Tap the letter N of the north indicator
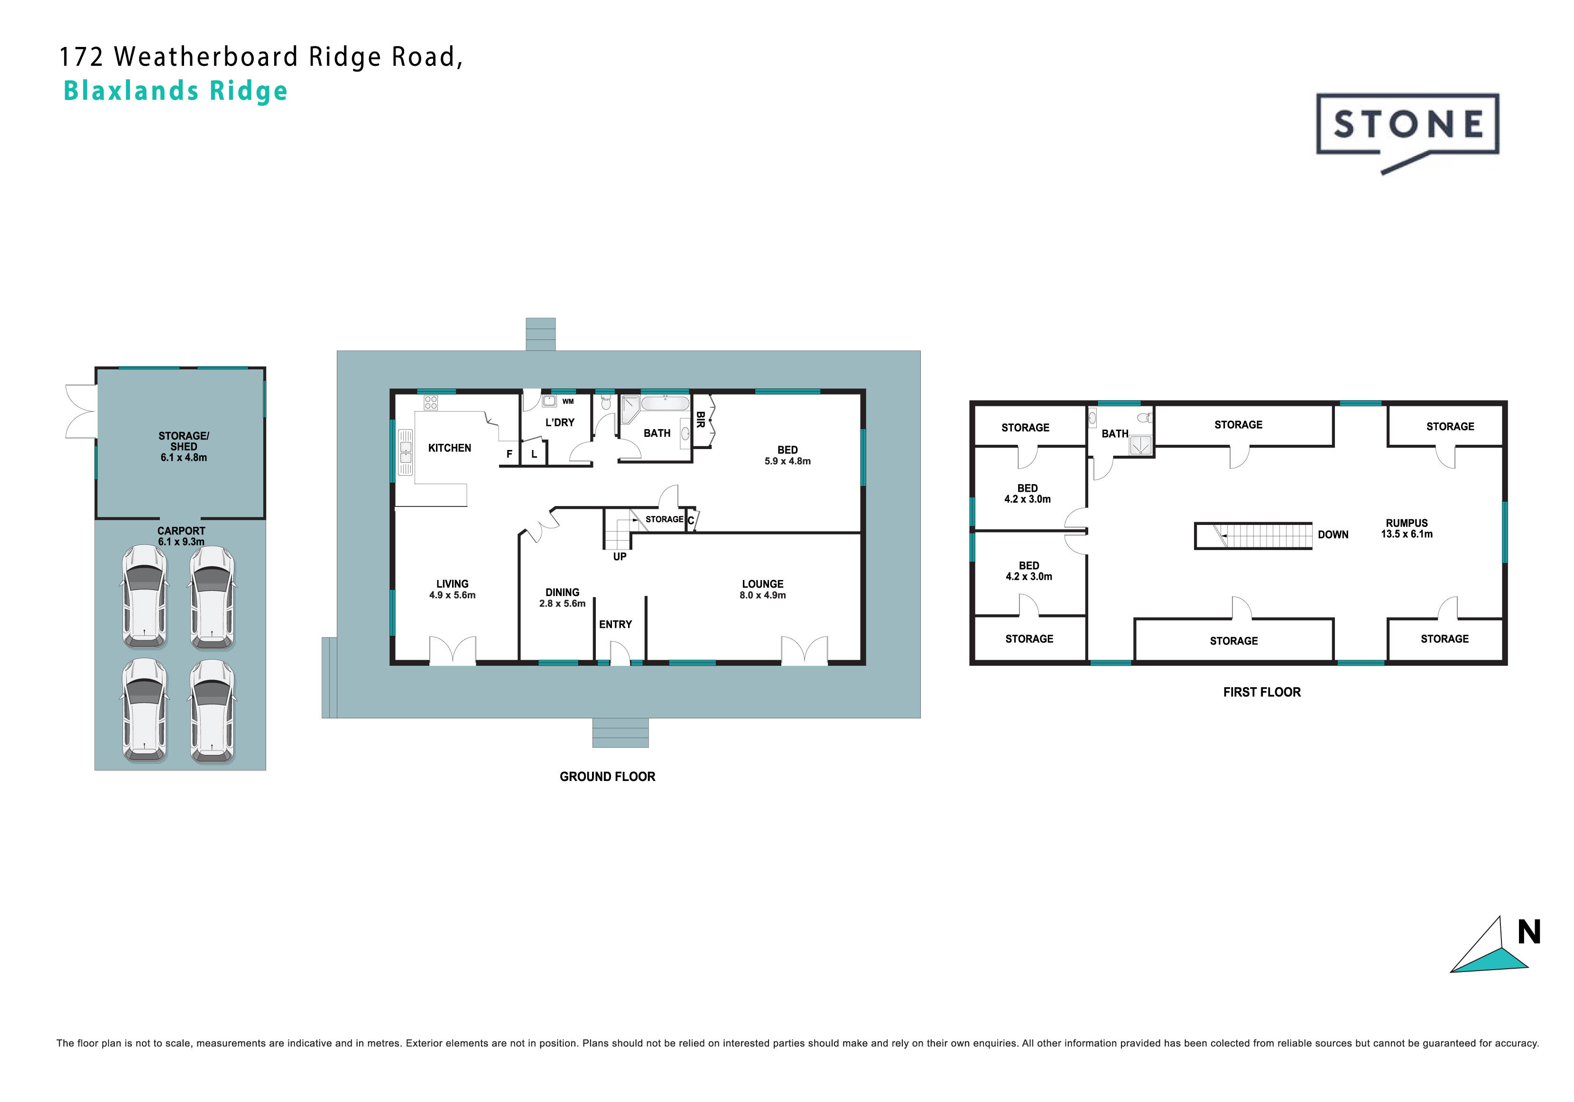[1529, 932]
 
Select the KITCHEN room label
[449, 448]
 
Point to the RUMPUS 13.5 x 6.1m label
[1407, 528]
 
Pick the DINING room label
[562, 593]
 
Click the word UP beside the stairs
[619, 557]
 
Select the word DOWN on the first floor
[1333, 534]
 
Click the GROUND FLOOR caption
[607, 776]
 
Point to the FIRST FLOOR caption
[1261, 692]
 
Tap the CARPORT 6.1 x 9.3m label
[181, 536]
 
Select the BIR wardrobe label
[700, 420]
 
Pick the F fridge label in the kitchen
[509, 454]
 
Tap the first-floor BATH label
[1115, 434]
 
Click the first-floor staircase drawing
[1253, 536]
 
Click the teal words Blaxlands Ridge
[176, 91]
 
